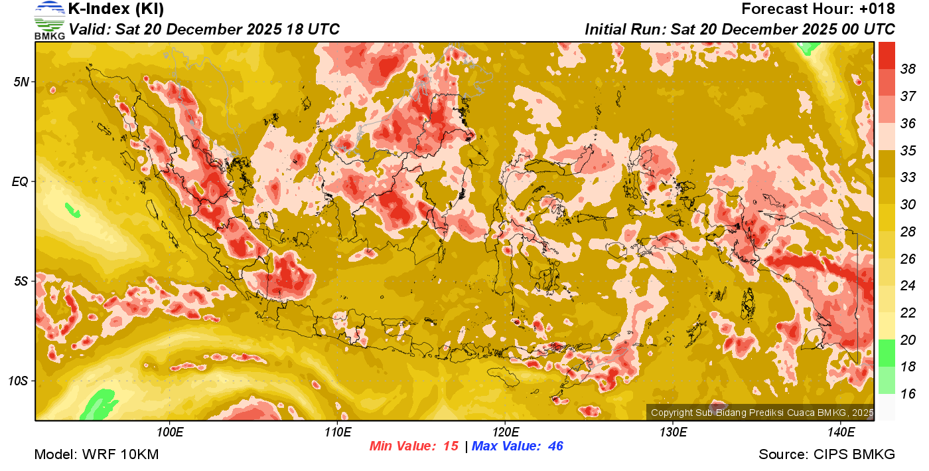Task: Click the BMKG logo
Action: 50,20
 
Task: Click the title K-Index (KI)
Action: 116,9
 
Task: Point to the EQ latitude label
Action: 22,181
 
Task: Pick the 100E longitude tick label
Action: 170,432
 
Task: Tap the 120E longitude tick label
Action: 505,432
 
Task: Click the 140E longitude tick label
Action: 841,432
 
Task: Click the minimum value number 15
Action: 451,446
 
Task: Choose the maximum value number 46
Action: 555,446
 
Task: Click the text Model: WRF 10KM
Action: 96,454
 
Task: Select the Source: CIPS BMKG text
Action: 827,454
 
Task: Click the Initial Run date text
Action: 739,29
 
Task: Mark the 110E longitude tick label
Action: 338,432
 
